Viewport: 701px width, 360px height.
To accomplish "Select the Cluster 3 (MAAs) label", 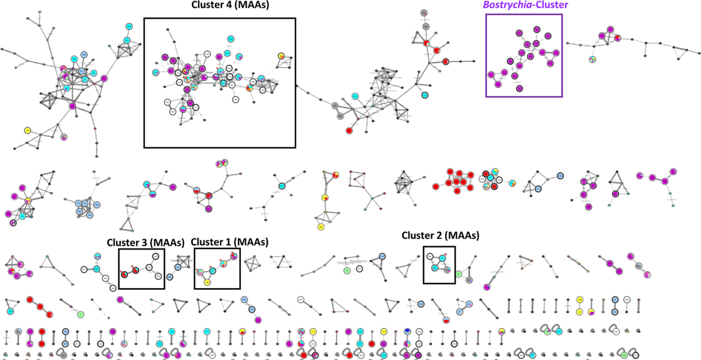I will (x=145, y=242).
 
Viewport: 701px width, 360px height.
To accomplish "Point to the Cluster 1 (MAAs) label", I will (x=230, y=242).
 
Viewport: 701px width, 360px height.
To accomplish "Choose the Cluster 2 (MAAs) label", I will (x=440, y=236).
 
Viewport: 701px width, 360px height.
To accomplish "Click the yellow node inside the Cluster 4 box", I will (x=282, y=56).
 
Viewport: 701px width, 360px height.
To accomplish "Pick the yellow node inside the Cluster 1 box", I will (x=207, y=282).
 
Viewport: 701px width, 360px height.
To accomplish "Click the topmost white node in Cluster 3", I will (x=156, y=257).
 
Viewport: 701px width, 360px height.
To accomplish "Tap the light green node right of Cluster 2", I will (x=459, y=274).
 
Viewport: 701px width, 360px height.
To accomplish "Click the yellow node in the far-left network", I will (x=27, y=130).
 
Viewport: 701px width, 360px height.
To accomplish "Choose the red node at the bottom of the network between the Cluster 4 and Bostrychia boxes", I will (x=349, y=130).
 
